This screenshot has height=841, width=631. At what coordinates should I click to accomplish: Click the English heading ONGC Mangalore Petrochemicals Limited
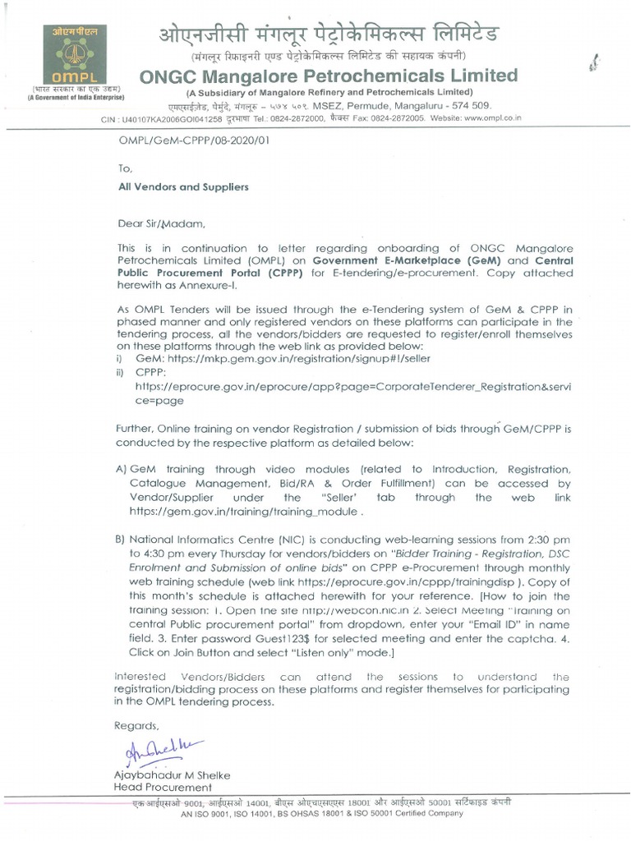(329, 76)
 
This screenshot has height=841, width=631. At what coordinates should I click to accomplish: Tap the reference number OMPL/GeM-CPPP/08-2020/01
(194, 140)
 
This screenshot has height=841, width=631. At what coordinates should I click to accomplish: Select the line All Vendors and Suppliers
(183, 187)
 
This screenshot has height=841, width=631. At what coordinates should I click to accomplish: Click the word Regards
(136, 726)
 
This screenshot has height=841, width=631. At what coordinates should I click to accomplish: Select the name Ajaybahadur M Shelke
(172, 775)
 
